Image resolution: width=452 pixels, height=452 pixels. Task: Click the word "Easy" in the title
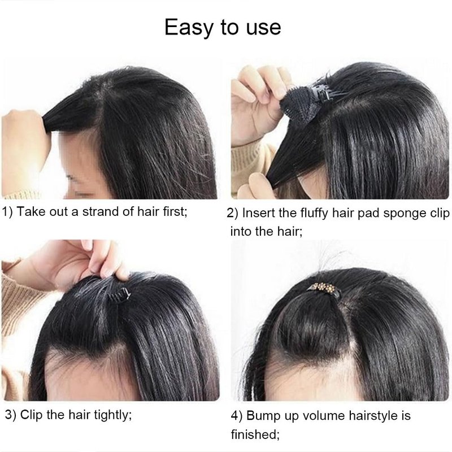tap(189, 28)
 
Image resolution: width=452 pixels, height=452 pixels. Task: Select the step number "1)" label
tap(7, 212)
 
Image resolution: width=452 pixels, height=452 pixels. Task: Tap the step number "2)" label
tap(232, 214)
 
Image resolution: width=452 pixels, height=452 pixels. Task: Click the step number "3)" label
tap(11, 415)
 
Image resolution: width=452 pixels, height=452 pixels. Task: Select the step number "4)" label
tap(237, 416)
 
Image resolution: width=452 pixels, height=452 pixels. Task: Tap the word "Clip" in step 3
tap(31, 415)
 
